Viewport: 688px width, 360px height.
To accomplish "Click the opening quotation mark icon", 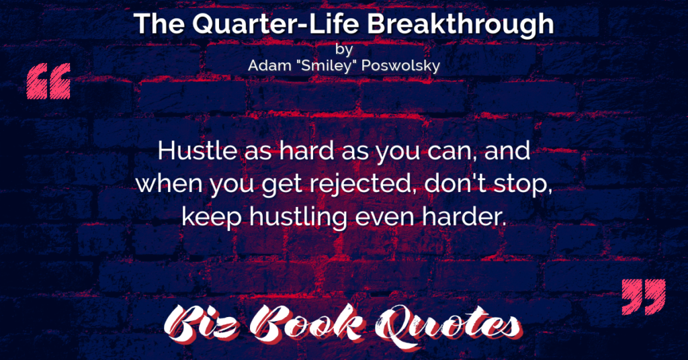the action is [48, 81].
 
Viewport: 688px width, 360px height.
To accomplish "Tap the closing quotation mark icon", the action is [644, 297].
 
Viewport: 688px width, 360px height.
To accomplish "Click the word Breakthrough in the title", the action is [460, 25].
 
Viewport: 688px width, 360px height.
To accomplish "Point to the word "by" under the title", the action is [344, 49].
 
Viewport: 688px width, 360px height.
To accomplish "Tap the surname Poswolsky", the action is [400, 66].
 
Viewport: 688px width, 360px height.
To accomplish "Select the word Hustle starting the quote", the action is [198, 150].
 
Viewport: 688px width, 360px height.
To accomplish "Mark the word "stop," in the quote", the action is [523, 185].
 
